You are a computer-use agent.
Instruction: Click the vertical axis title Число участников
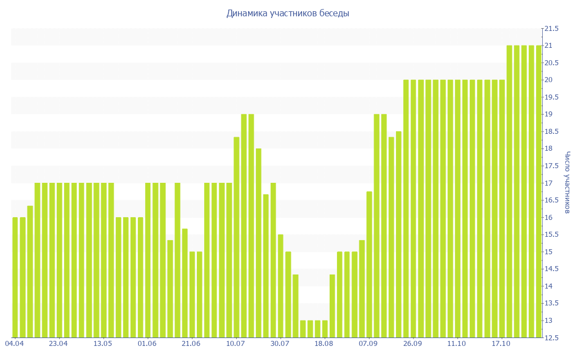[x=568, y=182]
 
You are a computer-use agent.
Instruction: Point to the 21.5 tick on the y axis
[x=551, y=28]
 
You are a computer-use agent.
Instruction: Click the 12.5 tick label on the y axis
[x=551, y=337]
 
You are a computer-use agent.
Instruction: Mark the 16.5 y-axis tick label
[x=551, y=200]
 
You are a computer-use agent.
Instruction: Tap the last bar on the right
[x=539, y=191]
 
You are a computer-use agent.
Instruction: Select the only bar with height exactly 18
[x=259, y=242]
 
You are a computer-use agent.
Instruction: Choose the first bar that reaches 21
[x=509, y=191]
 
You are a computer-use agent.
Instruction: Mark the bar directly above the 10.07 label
[x=236, y=237]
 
